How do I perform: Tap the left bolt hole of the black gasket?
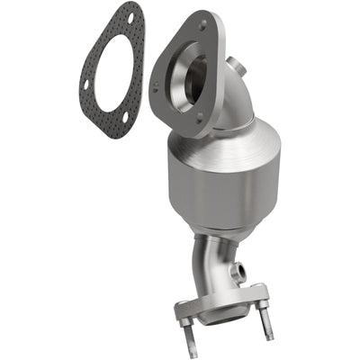87,85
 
